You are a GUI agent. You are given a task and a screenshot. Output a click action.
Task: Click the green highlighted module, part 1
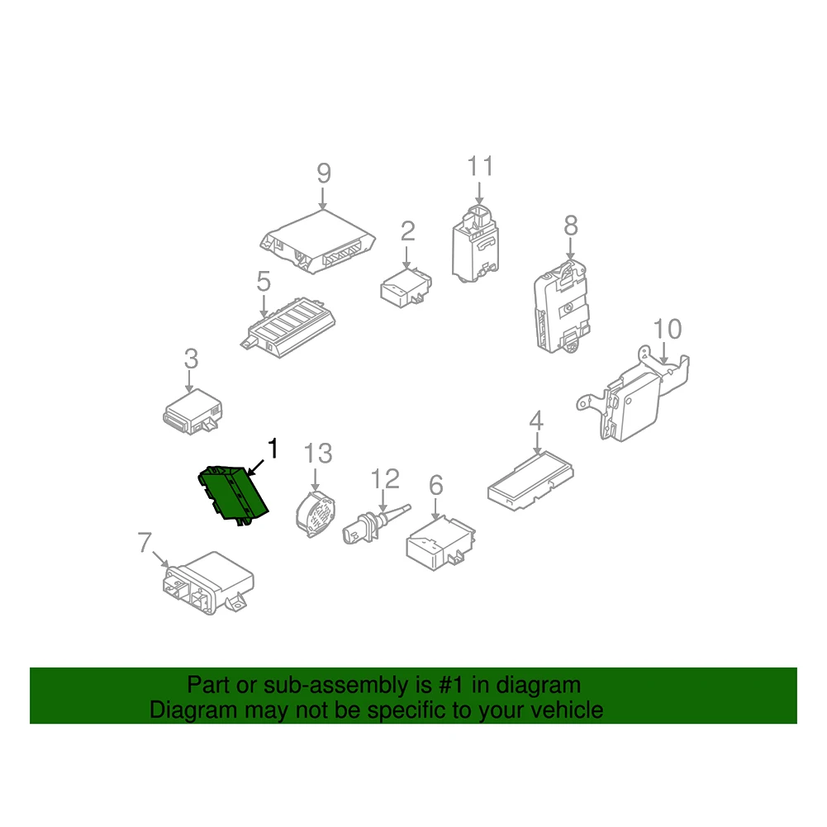[233, 494]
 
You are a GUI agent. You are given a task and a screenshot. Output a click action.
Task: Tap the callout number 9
[323, 173]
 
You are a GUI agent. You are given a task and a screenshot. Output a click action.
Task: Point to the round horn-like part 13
[316, 513]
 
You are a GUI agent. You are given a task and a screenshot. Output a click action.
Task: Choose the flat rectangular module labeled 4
[530, 481]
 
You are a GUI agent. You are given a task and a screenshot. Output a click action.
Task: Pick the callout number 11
[480, 166]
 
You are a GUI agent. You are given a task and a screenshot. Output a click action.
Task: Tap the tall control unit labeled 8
[561, 306]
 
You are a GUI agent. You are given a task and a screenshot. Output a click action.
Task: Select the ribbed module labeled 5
[288, 327]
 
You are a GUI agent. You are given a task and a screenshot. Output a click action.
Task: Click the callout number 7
[145, 542]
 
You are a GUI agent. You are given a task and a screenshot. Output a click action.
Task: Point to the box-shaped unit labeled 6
[440, 543]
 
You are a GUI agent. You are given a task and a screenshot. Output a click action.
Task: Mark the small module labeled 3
[192, 412]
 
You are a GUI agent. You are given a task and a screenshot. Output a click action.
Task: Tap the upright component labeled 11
[475, 244]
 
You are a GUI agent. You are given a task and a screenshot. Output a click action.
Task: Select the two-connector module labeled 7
[208, 583]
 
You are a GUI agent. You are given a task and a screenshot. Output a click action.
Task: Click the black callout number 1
[273, 449]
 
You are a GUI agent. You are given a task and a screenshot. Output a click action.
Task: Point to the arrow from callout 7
[161, 559]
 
